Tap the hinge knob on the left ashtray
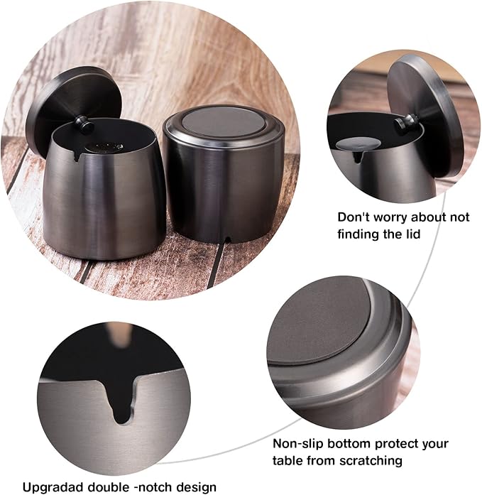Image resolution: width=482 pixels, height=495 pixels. coord(87,126)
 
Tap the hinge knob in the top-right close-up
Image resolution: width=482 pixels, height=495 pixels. coord(405,122)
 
